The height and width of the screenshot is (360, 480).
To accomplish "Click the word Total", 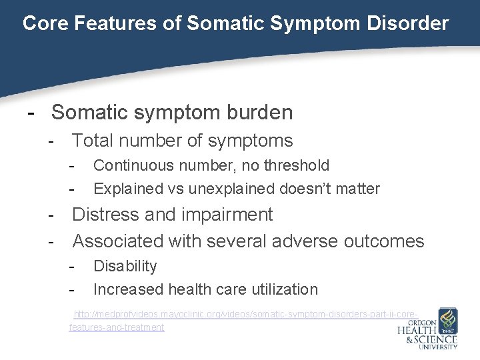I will click(94, 141).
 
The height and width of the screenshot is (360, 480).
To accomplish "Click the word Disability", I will click(125, 266).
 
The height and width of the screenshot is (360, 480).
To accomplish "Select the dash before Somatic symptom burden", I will click(30, 112).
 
